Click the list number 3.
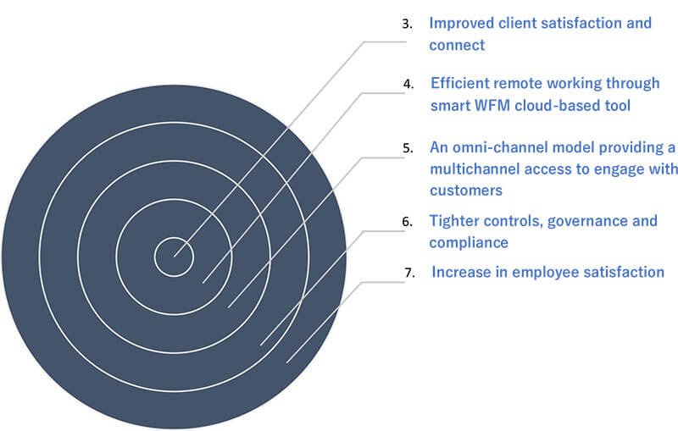pos(407,24)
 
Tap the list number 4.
pos(408,84)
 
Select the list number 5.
pos(408,148)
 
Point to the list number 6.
pos(407,222)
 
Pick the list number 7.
pos(409,273)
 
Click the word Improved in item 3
pos(461,24)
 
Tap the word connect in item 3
pos(457,46)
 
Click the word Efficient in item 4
pos(459,83)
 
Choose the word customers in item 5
pos(466,191)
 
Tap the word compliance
pos(469,243)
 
